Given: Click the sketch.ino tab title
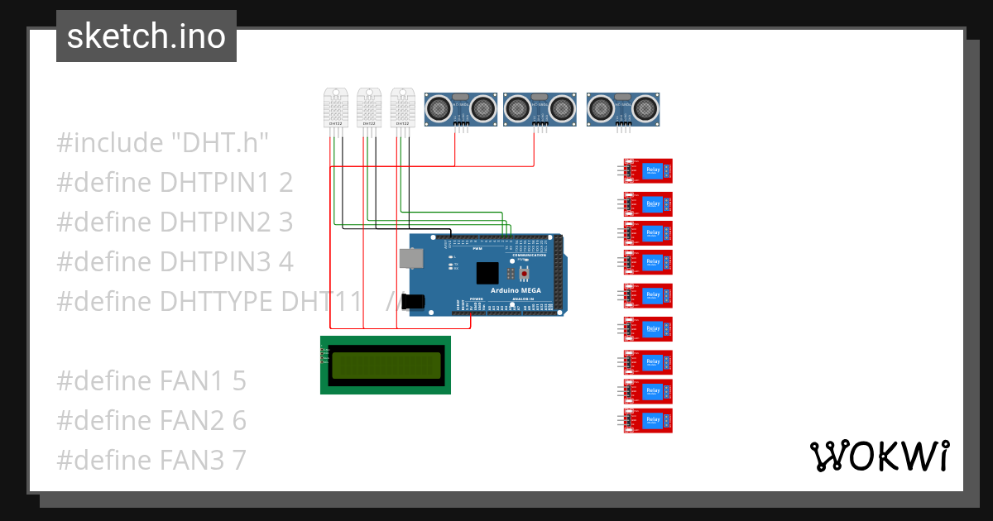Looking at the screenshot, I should pos(146,36).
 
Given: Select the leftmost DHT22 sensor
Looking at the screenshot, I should pos(336,108).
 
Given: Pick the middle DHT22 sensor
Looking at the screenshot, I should pos(370,108).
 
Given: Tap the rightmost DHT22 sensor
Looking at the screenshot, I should pos(403,108).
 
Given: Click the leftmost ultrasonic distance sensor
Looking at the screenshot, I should pos(461,108).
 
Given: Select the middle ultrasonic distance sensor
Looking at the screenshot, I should pos(540,108).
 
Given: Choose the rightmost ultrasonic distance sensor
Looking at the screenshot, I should pos(623,108).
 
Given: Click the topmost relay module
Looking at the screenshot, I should pos(648,170).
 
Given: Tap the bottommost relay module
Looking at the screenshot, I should pos(648,420).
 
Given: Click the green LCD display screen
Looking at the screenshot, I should pos(386,365).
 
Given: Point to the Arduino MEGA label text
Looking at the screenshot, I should pos(516,290).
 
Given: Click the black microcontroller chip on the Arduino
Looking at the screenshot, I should pos(487,274).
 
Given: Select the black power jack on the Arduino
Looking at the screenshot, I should pos(414,302).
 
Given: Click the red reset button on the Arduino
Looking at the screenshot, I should pos(522,273).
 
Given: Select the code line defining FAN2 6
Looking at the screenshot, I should pos(151,421).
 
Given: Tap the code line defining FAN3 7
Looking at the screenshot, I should pos(151,461).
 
